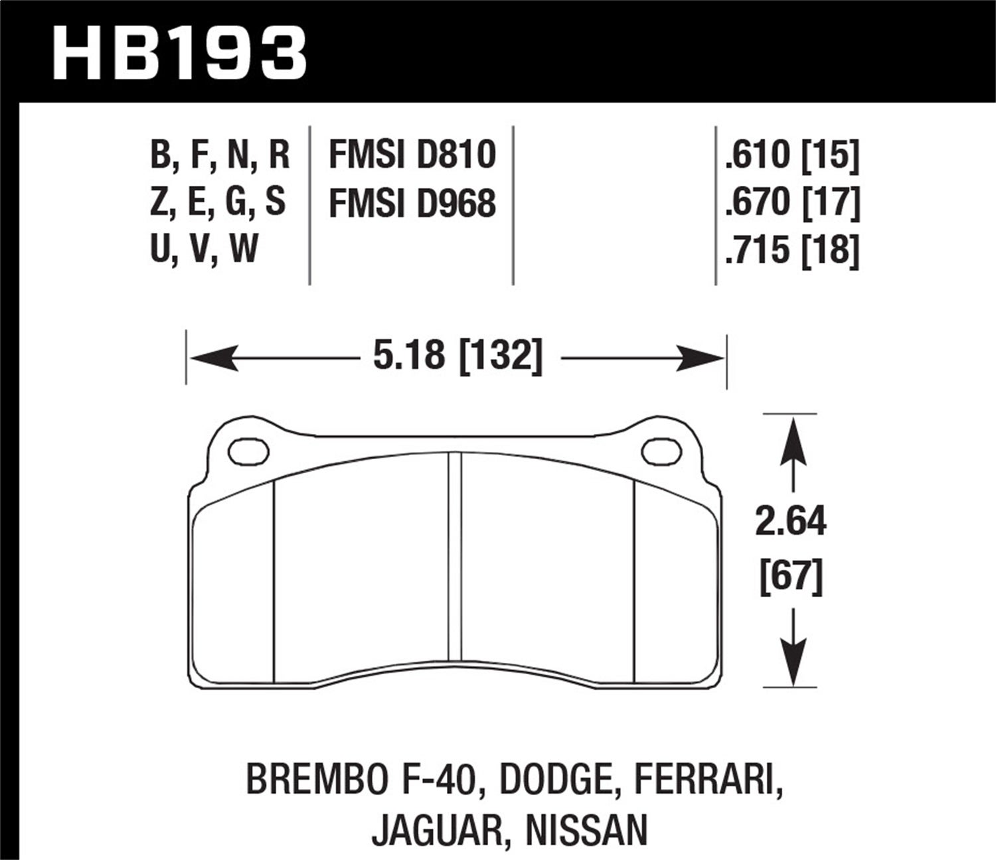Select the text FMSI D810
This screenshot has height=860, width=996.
click(x=412, y=154)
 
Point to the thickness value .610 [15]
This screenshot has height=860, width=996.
click(x=792, y=154)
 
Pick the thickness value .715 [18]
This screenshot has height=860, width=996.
click(x=792, y=250)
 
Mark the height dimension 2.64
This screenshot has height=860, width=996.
click(x=790, y=521)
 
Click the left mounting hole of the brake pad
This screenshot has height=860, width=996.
click(x=248, y=451)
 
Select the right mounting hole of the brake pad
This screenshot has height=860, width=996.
click(x=661, y=451)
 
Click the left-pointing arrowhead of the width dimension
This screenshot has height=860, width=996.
click(x=212, y=358)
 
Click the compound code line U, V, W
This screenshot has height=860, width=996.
click(x=204, y=250)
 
